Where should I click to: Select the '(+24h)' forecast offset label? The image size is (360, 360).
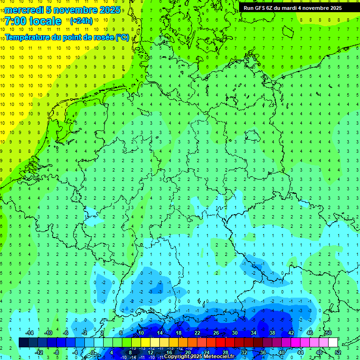[81, 21]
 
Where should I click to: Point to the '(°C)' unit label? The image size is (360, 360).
[122, 37]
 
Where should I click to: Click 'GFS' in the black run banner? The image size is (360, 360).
[260, 8]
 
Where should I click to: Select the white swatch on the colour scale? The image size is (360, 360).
[333, 343]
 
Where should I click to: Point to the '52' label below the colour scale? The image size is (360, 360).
[338, 352]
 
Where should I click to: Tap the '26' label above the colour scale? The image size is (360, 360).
[216, 333]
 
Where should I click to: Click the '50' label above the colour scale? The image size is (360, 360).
[329, 333]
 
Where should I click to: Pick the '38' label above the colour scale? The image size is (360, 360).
[272, 333]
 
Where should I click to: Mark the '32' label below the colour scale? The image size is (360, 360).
[244, 352]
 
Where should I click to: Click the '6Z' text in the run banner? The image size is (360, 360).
[270, 8]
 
